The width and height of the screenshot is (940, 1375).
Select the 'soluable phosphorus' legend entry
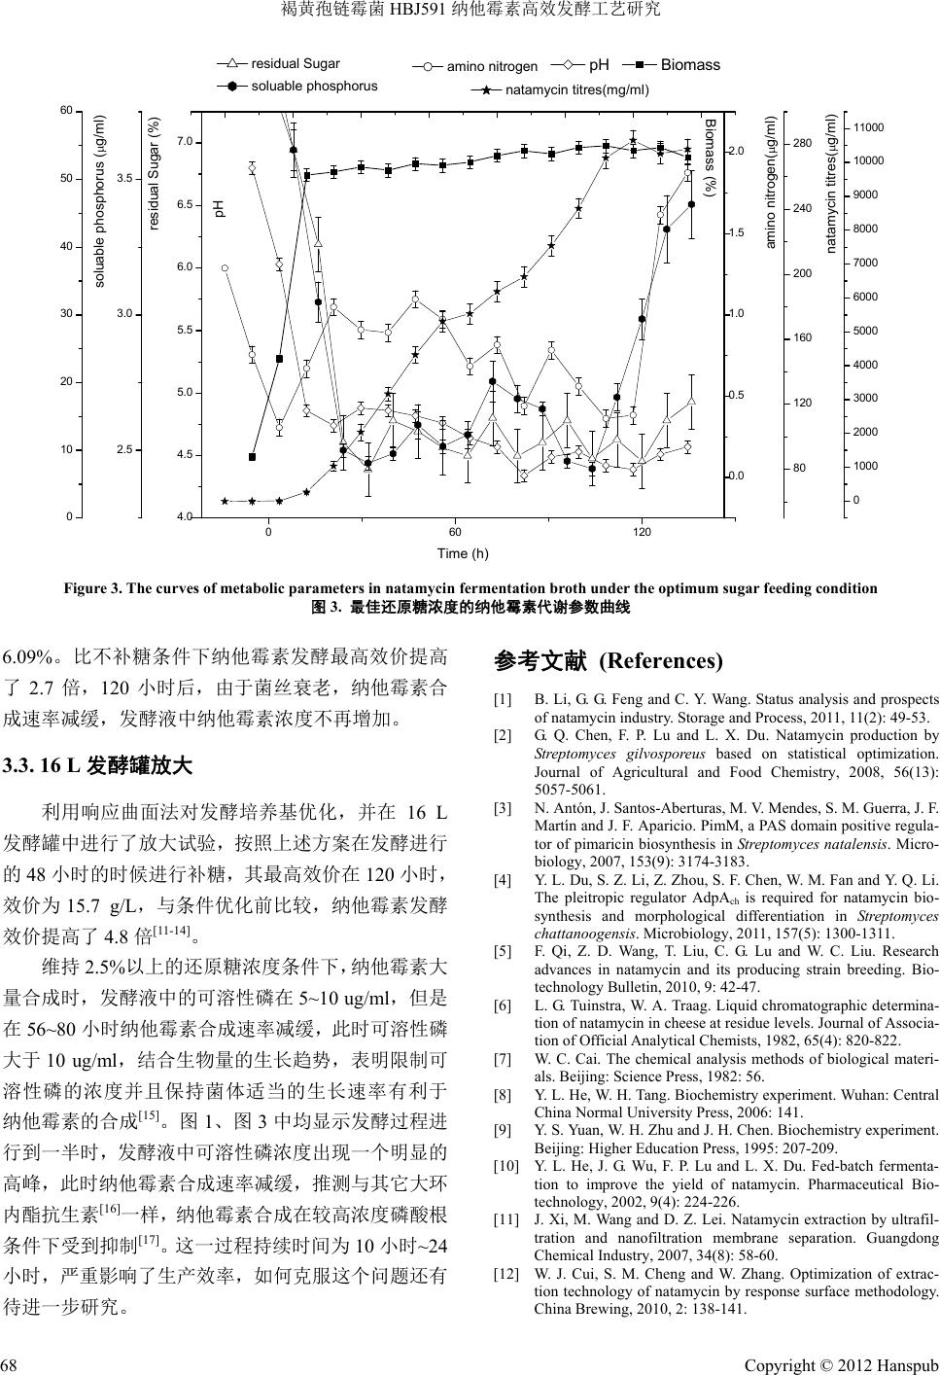click(314, 86)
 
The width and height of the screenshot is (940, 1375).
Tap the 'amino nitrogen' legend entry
click(491, 67)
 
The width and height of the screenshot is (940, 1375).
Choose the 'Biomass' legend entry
click(690, 65)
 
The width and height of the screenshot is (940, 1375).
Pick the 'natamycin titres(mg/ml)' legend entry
click(576, 90)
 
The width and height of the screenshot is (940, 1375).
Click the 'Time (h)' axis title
click(463, 554)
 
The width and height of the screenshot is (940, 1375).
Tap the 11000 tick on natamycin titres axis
click(868, 127)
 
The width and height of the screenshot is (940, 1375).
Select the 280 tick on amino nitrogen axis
click(802, 144)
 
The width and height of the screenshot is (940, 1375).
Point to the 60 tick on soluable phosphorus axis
click(66, 111)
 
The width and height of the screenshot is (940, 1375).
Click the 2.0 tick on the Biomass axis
click(737, 152)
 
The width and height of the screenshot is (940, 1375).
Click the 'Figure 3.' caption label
click(90, 588)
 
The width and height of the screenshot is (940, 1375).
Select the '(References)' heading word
click(661, 661)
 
